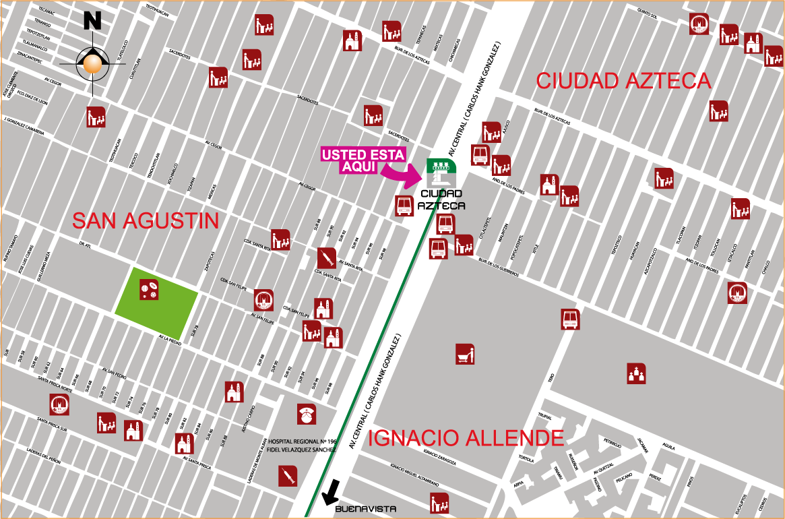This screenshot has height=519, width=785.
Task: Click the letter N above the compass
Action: click(x=92, y=21)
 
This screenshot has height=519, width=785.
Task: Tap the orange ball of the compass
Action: click(x=92, y=64)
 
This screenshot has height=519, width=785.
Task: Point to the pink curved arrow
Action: click(x=402, y=175)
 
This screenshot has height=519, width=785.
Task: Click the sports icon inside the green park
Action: click(x=149, y=291)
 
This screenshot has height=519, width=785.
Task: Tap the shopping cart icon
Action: click(x=465, y=353)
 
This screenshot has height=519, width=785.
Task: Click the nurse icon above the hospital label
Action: click(x=307, y=415)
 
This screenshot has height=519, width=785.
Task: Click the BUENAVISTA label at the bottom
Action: click(x=365, y=509)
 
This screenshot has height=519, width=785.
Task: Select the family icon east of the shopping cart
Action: click(x=636, y=373)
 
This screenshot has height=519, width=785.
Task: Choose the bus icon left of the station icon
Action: click(x=404, y=206)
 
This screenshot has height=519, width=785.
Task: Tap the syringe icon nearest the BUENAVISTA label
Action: click(x=288, y=476)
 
